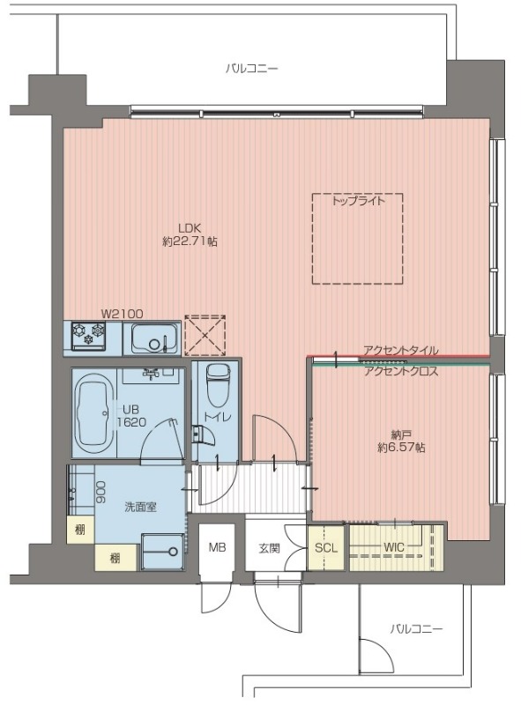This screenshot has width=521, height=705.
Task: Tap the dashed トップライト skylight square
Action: [357, 194]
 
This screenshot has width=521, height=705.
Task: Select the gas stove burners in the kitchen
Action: [89, 336]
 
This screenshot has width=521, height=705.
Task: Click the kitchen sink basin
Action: [153, 338]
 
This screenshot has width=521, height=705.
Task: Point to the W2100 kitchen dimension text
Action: [122, 314]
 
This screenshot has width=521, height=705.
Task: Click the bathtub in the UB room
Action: [94, 413]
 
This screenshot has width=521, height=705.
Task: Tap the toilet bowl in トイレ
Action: [218, 385]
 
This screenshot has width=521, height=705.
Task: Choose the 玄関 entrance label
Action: [270, 548]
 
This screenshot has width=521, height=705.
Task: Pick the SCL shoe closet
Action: [325, 547]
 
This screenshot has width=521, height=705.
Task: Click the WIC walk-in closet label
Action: [394, 547]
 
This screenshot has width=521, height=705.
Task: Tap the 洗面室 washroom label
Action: [140, 508]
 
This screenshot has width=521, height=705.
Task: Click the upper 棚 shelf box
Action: [80, 530]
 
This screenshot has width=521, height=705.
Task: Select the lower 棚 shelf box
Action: [115, 558]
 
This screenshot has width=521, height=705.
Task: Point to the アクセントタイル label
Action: [400, 350]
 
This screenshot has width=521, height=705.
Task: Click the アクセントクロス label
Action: [401, 371]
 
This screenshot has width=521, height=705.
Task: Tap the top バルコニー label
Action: [252, 69]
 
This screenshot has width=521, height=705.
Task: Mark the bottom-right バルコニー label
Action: [416, 628]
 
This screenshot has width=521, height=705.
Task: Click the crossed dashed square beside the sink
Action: [205, 336]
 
